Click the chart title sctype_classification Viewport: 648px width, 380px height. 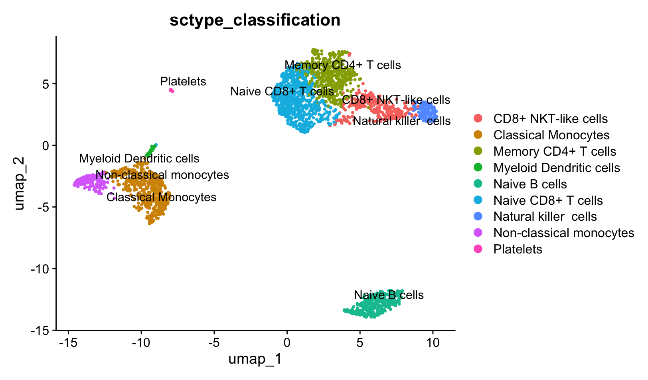click(x=255, y=20)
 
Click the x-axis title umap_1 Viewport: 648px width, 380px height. click(x=255, y=359)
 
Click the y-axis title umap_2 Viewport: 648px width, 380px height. click(x=19, y=184)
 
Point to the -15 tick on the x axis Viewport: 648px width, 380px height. click(x=68, y=342)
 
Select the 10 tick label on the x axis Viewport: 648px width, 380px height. click(x=433, y=342)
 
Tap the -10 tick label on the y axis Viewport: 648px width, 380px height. click(x=41, y=269)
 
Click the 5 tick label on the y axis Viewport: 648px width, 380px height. click(x=47, y=84)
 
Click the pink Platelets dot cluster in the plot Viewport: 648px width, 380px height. click(x=172, y=91)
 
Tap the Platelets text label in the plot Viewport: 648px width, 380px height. click(x=183, y=81)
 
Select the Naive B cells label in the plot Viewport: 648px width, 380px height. click(x=389, y=295)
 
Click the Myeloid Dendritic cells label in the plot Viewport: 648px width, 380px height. click(x=139, y=158)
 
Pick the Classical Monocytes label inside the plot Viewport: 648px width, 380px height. click(x=161, y=197)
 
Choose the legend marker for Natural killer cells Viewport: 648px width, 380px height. click(x=478, y=216)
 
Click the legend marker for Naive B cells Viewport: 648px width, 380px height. click(x=478, y=184)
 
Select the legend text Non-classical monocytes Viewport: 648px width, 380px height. click(x=563, y=233)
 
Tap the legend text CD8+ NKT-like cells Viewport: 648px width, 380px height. click(x=550, y=119)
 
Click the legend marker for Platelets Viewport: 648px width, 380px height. click(x=478, y=249)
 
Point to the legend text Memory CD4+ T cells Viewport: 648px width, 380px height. click(x=555, y=151)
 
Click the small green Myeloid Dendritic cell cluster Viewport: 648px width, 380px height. click(x=150, y=151)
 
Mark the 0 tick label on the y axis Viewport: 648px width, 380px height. click(x=47, y=145)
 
